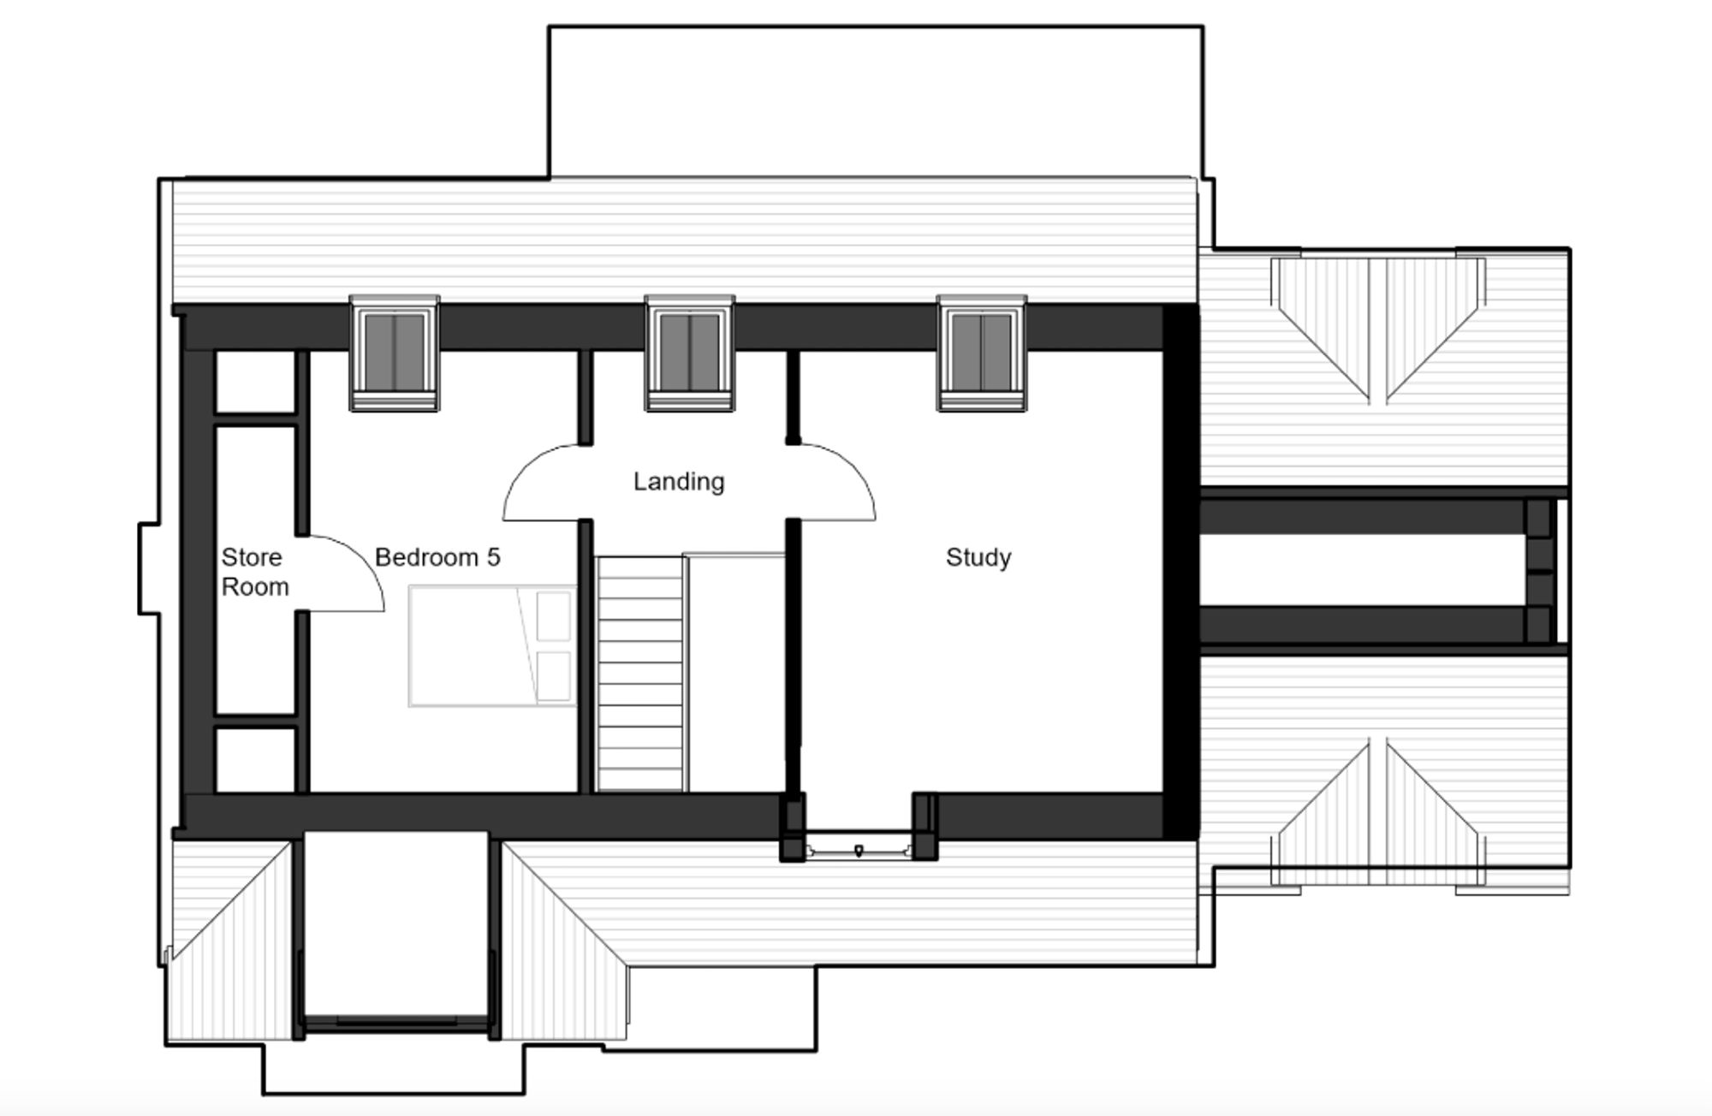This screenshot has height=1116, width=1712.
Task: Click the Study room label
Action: click(978, 557)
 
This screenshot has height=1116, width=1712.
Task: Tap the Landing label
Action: click(679, 482)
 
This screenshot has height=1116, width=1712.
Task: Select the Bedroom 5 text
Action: click(437, 557)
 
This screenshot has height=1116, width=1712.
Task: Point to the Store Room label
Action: click(254, 572)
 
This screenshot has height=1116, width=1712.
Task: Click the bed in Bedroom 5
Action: click(492, 646)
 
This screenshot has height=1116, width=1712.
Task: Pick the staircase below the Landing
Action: click(641, 674)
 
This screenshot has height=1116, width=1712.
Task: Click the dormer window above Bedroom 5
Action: click(395, 353)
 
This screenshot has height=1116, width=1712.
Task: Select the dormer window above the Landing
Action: click(689, 353)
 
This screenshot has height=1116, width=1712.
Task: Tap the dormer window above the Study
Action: click(982, 353)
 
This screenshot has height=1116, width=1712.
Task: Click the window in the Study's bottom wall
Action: click(859, 850)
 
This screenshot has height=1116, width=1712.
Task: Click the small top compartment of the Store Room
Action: click(254, 382)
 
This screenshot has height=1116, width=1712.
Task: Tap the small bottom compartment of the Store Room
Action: click(255, 760)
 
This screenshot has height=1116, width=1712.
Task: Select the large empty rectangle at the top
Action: click(876, 102)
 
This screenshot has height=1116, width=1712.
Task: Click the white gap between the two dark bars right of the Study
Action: click(1361, 571)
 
